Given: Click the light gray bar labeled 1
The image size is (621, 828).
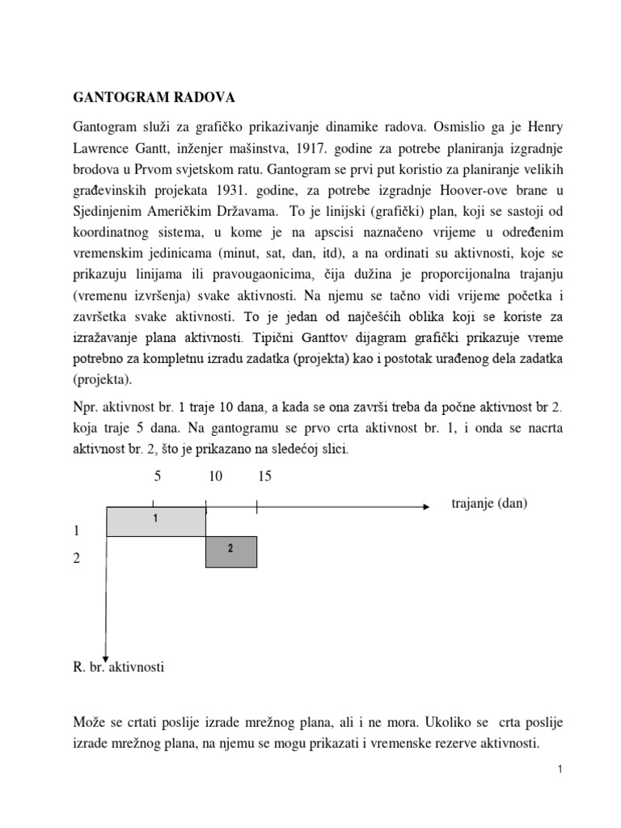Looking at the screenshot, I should coord(156,522).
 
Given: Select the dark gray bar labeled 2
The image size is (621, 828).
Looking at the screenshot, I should coord(231,551).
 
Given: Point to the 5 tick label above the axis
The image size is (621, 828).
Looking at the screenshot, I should coord(158,477).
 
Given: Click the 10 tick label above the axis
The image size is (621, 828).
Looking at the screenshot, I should coord(215,477).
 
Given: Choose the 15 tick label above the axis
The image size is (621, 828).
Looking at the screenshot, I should coord(265,477).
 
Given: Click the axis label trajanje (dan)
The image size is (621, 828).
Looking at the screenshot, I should coord(489,504).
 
